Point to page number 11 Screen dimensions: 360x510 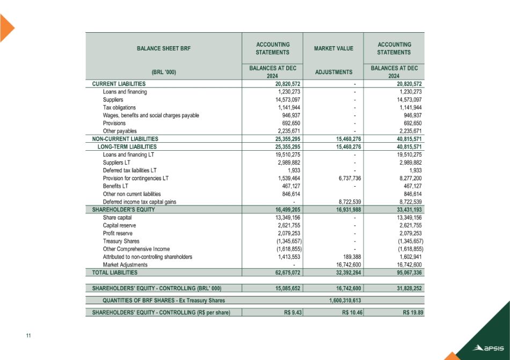tap(28, 336)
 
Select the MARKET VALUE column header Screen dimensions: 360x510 tap(333, 48)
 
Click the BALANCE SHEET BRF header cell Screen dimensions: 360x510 tap(163, 48)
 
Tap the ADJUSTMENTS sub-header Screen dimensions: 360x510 tap(333, 71)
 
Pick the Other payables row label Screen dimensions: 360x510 tap(119, 130)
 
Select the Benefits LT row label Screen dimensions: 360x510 tap(115, 186)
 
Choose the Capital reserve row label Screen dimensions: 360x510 tap(119, 225)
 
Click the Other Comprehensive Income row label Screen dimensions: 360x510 tap(136, 249)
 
